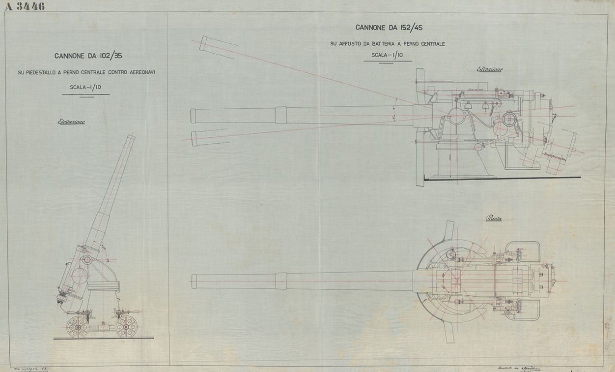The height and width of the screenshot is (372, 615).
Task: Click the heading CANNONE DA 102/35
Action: (x=88, y=56)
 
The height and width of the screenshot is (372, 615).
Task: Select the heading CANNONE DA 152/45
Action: (x=389, y=28)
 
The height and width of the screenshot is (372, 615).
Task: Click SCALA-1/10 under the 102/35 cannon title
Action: (x=85, y=88)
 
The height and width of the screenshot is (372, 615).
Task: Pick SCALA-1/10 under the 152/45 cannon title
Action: (x=387, y=55)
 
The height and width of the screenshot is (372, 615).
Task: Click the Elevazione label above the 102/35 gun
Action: (x=71, y=121)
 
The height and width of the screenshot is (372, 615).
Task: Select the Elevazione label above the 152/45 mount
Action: (x=490, y=69)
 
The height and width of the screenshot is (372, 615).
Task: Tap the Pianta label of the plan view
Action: (x=493, y=218)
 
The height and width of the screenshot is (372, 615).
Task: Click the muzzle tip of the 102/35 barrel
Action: (x=131, y=137)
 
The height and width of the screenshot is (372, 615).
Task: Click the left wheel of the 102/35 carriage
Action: (x=77, y=327)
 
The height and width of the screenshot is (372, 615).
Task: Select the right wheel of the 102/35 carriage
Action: (x=126, y=327)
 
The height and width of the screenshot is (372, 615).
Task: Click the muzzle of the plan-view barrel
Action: (x=194, y=281)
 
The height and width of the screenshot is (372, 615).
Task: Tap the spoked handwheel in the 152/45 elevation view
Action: (x=509, y=119)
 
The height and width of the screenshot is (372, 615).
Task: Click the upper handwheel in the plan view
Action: (x=452, y=255)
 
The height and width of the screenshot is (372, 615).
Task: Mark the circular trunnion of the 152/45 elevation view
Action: (x=456, y=117)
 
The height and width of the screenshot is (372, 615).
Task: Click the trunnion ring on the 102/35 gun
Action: (x=87, y=259)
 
